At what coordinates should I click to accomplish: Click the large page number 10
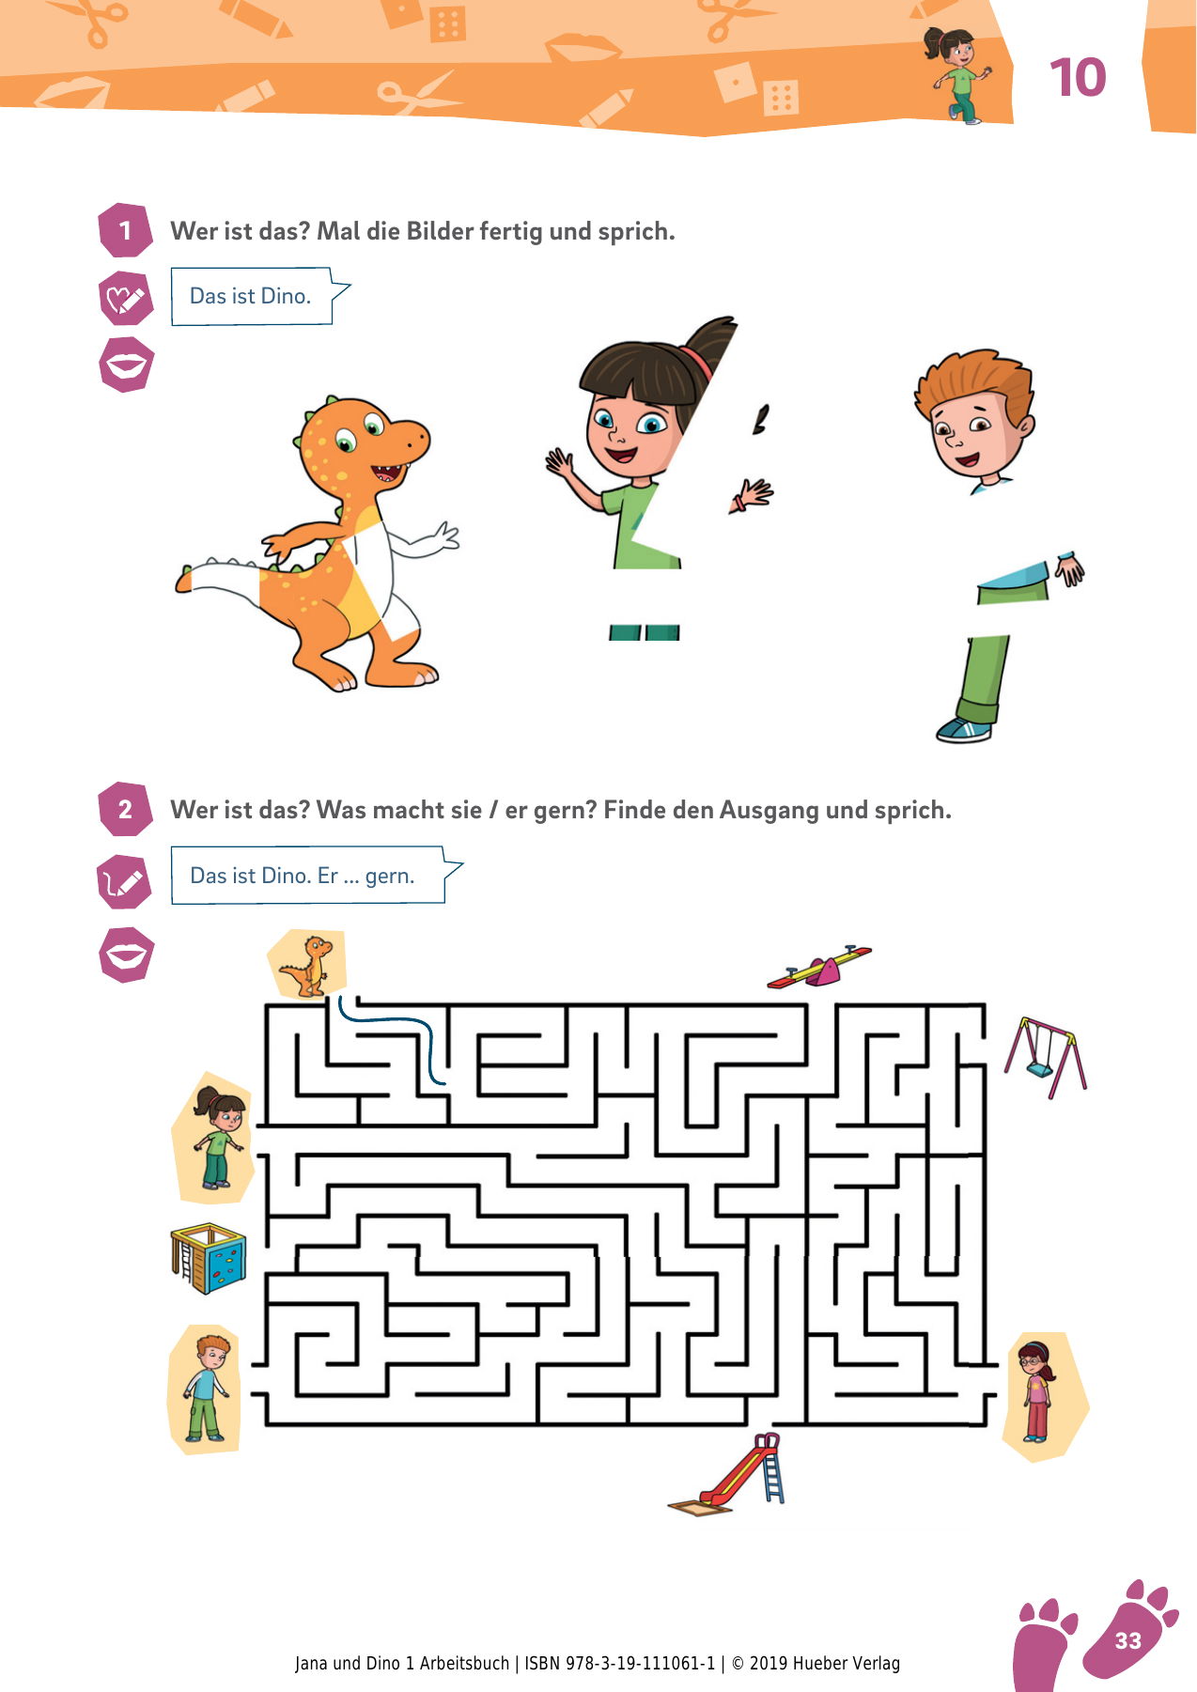coord(1078,77)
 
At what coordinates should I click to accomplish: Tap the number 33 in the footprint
coord(1127,1639)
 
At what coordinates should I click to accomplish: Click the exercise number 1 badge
coord(125,230)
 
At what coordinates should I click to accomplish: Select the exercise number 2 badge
coord(125,809)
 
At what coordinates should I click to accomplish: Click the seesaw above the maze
coord(819,967)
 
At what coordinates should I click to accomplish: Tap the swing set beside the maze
coord(1045,1057)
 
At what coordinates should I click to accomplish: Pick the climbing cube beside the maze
coord(208,1258)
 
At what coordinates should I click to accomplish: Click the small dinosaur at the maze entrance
coord(308,964)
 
